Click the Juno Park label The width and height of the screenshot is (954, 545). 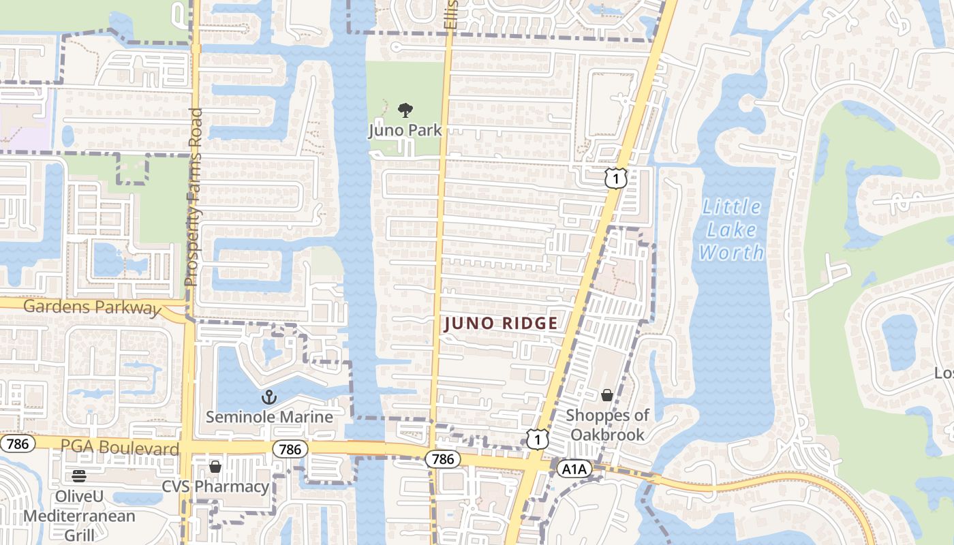[405, 130]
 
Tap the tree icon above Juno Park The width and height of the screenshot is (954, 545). [405, 110]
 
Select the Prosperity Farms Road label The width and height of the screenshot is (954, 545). [194, 197]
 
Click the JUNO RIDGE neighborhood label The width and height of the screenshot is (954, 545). [501, 324]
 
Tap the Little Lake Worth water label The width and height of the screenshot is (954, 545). [732, 230]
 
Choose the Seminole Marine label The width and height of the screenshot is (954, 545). [269, 417]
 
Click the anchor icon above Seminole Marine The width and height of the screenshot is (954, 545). [269, 396]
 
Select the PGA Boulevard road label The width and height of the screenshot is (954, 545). [120, 448]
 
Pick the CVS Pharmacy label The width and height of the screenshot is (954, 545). [215, 486]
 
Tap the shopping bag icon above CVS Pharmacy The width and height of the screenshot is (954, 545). [215, 467]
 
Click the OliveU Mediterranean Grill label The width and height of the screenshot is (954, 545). [80, 515]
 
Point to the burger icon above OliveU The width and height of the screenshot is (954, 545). [80, 476]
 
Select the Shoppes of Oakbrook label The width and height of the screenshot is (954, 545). [607, 424]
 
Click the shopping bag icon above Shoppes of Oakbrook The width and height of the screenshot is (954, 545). [606, 395]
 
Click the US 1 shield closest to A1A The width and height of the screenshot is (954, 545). [537, 439]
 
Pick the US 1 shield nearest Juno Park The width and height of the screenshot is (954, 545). [615, 178]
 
